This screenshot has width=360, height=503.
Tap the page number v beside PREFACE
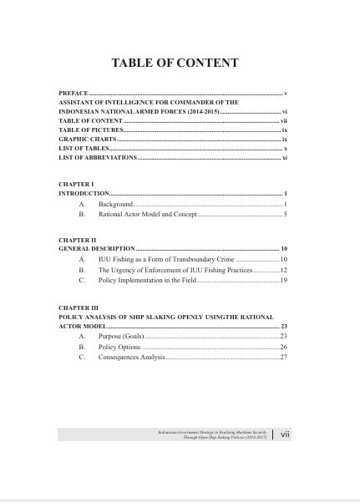coord(286,93)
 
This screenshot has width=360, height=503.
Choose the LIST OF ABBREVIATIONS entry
coord(96,157)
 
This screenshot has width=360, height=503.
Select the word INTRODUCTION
coord(84,193)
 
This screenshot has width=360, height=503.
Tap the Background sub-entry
coord(115,204)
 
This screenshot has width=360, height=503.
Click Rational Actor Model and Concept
coord(147,215)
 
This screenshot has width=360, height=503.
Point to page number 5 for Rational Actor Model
coord(285,215)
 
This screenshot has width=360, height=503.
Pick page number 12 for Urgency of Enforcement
coord(284,271)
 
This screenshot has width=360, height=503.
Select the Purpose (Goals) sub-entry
coord(121,336)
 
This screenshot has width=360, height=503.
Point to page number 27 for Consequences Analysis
coord(284,358)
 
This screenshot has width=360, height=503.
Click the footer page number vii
coord(285,435)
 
